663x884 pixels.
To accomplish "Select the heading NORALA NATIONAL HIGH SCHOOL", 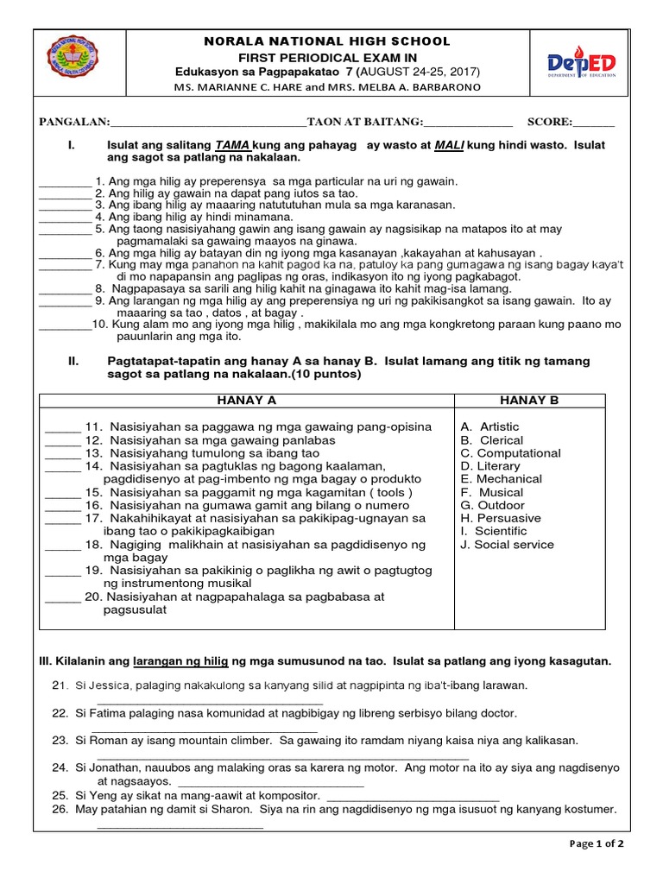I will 325,41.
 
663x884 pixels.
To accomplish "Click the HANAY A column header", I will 247,401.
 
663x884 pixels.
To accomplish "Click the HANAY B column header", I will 529,401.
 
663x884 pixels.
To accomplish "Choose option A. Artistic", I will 489,426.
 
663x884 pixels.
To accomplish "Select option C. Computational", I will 510,453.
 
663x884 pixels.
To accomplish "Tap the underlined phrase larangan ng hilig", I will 180,661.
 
